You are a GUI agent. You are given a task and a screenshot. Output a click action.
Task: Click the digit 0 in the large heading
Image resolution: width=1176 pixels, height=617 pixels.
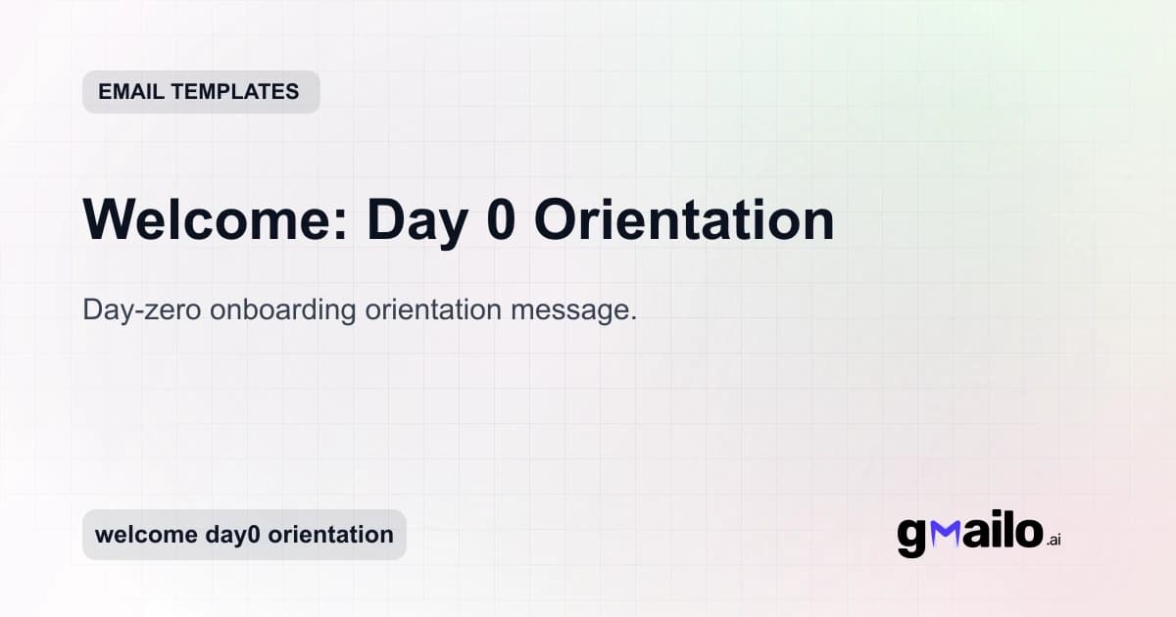coord(500,220)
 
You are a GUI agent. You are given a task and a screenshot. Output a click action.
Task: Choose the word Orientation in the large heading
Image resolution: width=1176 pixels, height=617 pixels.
coord(684,220)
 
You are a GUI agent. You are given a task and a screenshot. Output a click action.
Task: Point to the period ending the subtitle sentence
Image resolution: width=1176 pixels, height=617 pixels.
coord(634,319)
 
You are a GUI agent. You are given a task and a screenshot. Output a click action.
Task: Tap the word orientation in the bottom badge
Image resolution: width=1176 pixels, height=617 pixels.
coord(331,535)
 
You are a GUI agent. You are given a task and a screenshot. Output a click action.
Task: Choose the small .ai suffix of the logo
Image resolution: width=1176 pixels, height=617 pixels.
coord(1054,540)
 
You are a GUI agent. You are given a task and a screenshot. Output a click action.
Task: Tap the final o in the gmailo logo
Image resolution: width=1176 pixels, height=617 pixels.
coord(1027,533)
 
